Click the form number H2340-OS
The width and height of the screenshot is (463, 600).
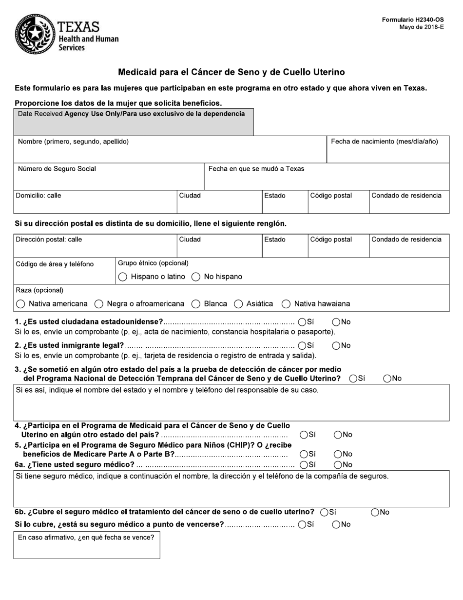click(x=413, y=20)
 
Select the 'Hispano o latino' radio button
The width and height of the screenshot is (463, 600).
click(x=123, y=277)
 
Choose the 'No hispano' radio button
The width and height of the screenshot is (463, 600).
click(x=196, y=277)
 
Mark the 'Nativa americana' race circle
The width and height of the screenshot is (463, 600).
click(x=20, y=304)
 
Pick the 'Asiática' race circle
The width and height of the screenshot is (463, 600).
click(x=238, y=304)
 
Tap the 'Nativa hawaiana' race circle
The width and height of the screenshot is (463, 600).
click(x=286, y=304)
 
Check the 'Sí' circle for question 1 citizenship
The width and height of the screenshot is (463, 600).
click(x=302, y=322)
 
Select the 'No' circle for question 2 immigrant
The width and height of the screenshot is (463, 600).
click(x=336, y=346)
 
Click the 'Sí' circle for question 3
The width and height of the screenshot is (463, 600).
click(x=353, y=379)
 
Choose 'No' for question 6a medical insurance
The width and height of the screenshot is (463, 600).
click(x=338, y=465)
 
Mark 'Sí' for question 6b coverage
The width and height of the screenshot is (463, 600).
click(x=325, y=512)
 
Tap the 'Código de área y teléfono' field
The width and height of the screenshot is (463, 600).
click(x=64, y=275)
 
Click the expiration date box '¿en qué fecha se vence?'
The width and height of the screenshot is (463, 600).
click(x=86, y=549)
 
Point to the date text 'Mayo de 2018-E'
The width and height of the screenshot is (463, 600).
click(x=422, y=27)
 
